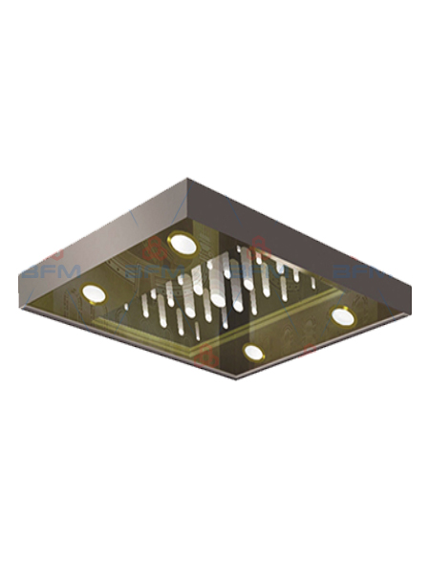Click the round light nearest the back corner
[x=181, y=245]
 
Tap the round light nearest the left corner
[x=94, y=292]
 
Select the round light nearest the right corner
[x=341, y=314]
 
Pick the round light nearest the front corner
[x=253, y=353]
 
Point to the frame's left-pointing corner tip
[x=20, y=278]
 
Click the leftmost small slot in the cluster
[x=143, y=307]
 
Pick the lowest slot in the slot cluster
[x=197, y=334]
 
